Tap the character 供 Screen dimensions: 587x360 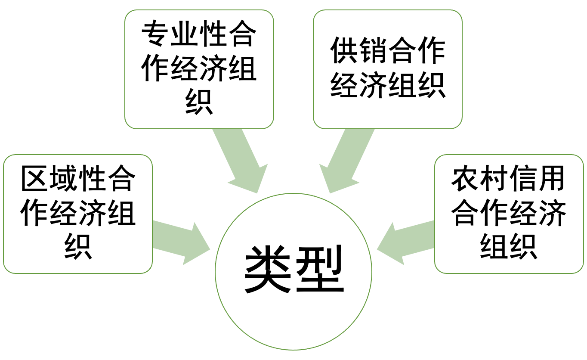click(x=345, y=51)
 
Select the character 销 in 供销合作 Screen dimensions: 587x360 click(x=374, y=51)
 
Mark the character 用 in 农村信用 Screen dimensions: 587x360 click(x=551, y=179)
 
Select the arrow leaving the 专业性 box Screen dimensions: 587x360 click(x=241, y=161)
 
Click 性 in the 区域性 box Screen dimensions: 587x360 click(x=93, y=179)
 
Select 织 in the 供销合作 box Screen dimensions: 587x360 click(x=431, y=85)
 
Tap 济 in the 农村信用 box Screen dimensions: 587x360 click(x=551, y=213)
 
